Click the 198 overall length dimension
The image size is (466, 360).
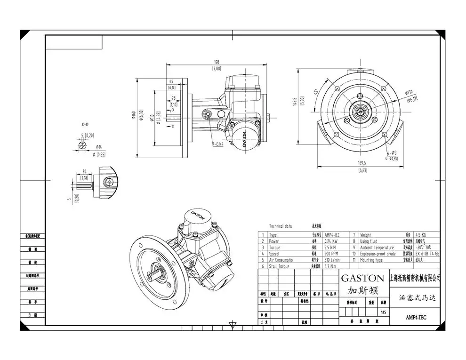tap(217, 62)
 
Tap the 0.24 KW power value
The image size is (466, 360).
tap(331, 241)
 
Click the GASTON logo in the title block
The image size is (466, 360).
tap(362, 278)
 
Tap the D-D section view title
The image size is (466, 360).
tap(85, 125)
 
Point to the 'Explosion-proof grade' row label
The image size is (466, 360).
tap(378, 253)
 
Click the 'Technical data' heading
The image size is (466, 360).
tap(281, 226)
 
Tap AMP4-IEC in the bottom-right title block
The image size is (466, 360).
tap(416, 317)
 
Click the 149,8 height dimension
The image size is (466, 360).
tap(295, 101)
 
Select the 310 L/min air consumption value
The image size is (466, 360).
tap(333, 259)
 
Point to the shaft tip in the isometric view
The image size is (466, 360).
tap(162, 268)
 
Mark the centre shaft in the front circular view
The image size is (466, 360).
tap(362, 112)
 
